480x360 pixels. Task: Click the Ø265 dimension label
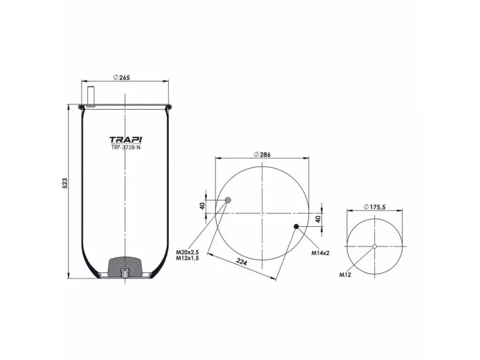pyautogui.click(x=121, y=77)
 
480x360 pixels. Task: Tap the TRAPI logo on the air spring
pyautogui.click(x=125, y=140)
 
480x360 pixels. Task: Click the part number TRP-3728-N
pyautogui.click(x=125, y=148)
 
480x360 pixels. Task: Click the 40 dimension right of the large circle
pyautogui.click(x=318, y=219)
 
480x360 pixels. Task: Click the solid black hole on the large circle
pyautogui.click(x=296, y=226)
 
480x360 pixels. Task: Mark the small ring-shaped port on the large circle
pyautogui.click(x=227, y=200)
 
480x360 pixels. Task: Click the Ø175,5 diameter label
pyautogui.click(x=374, y=207)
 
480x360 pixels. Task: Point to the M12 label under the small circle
pyautogui.click(x=345, y=275)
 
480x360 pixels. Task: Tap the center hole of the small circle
pyautogui.click(x=374, y=247)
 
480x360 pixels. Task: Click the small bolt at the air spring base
pyautogui.click(x=125, y=275)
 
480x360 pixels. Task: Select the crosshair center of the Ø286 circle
pyautogui.click(x=262, y=213)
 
